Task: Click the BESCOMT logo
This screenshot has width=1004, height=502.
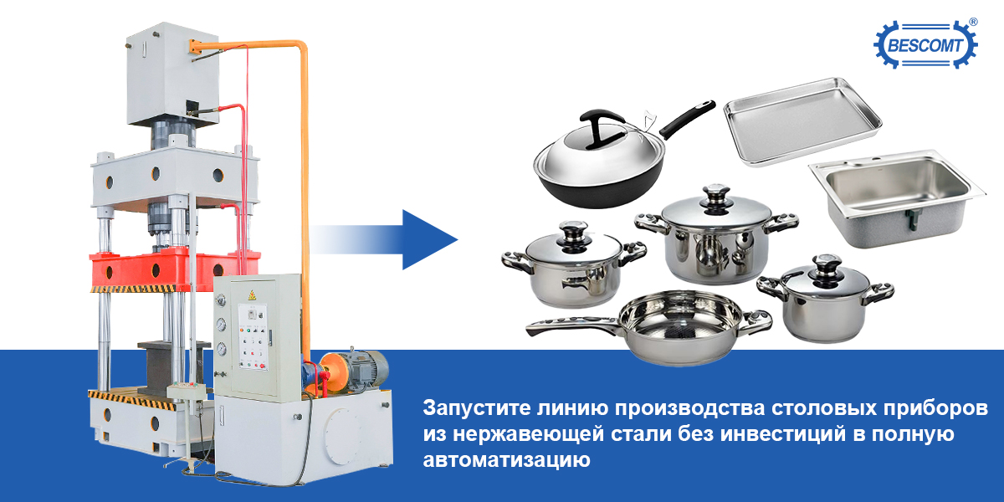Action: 925,44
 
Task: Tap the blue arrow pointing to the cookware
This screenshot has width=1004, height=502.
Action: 385,240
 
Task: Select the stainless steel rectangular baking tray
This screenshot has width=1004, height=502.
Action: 802,121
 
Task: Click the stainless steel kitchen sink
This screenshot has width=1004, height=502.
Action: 896,198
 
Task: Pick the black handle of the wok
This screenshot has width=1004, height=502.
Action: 687,119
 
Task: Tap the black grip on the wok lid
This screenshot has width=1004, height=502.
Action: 602,128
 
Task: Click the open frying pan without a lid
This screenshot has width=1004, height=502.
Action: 649,327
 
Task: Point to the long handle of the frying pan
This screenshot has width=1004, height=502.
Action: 574,325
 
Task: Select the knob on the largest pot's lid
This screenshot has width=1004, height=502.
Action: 716,197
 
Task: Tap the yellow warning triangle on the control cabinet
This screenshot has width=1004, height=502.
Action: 253,295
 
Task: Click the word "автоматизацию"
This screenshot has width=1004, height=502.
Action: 506,459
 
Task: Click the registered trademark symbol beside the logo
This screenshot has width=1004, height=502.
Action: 974,22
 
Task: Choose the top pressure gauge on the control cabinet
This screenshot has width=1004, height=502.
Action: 220,300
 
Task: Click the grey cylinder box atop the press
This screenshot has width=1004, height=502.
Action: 172,74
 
